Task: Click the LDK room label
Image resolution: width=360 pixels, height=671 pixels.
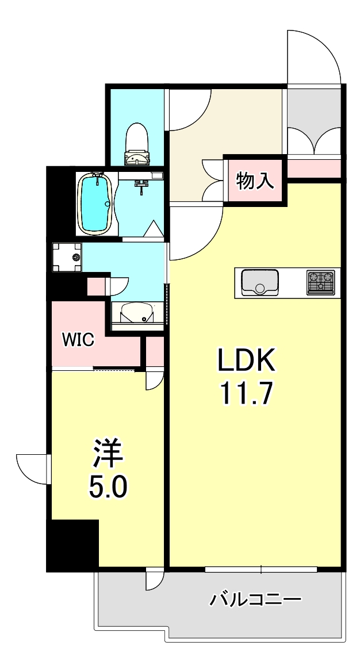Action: coord(247,361)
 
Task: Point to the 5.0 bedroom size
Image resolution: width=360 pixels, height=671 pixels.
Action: coord(108,487)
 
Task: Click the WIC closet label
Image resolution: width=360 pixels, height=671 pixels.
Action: coord(78,340)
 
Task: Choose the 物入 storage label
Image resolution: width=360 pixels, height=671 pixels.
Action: coord(255,182)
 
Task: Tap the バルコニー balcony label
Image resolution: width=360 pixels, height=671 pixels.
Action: coord(255,601)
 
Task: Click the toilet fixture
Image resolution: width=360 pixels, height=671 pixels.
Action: coord(137,144)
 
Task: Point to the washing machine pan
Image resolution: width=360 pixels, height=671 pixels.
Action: coord(67,256)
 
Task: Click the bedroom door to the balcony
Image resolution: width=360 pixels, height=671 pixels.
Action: coord(154,578)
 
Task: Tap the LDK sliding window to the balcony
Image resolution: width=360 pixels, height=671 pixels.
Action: coord(261,569)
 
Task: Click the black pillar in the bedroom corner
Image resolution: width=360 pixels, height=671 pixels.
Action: coord(73,545)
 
